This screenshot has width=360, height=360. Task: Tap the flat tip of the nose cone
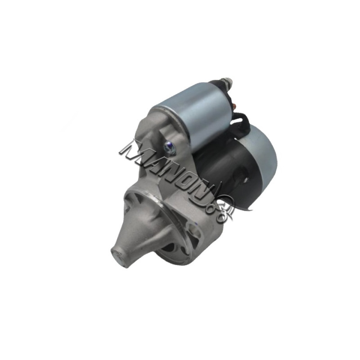[119, 257]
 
